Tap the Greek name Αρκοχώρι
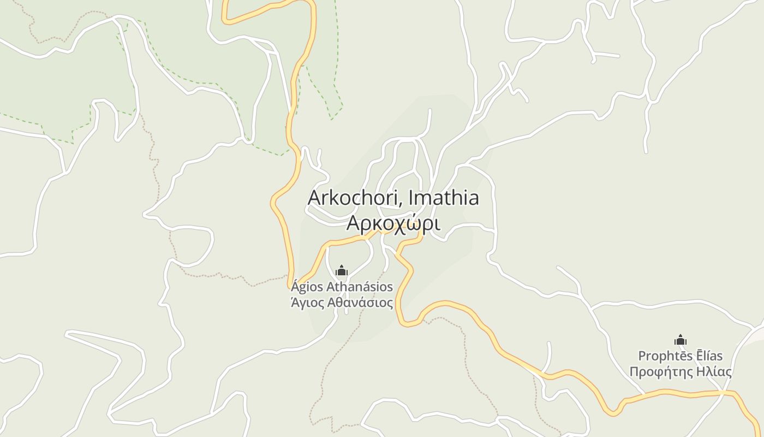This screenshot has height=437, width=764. pyautogui.click(x=393, y=223)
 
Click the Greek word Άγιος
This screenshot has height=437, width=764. pyautogui.click(x=311, y=303)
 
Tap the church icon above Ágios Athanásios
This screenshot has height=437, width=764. pyautogui.click(x=342, y=270)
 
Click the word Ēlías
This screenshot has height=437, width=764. pyautogui.click(x=709, y=356)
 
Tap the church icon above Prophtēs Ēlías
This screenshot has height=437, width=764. pyautogui.click(x=680, y=340)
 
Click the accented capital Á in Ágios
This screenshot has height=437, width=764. pyautogui.click(x=295, y=286)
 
